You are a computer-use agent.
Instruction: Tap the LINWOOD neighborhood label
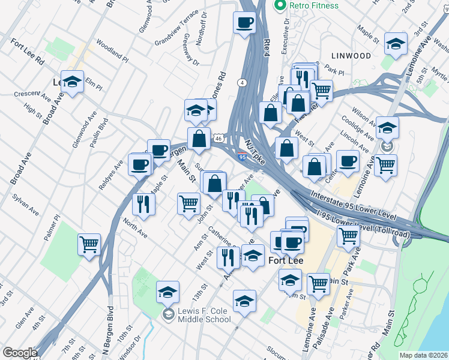coord(354,56)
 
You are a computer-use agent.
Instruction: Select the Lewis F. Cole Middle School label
coord(203,315)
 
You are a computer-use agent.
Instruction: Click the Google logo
coord(19,353)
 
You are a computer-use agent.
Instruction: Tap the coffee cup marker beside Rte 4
coord(244,24)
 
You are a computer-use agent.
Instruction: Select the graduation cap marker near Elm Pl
coord(72,82)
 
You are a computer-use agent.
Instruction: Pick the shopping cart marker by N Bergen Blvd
coord(89,244)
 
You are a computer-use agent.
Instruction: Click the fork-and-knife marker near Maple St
coord(143,203)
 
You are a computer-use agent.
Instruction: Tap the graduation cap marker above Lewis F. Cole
coord(167,292)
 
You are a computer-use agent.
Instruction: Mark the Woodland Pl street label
coord(112,51)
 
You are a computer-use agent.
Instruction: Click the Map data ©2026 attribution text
coord(423,355)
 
